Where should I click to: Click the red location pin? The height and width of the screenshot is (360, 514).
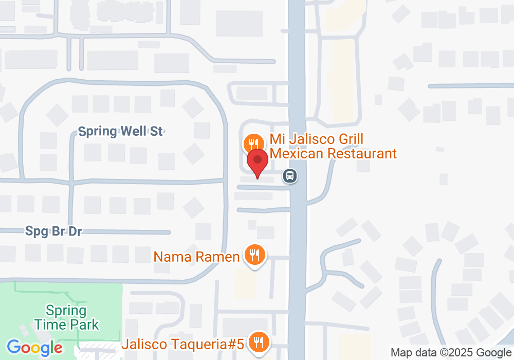coord(258,161)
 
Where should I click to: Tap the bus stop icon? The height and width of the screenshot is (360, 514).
coord(290,176)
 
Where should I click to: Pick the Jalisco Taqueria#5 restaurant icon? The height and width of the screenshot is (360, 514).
coord(257,341)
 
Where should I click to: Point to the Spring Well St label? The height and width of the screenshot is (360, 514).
coord(121,131)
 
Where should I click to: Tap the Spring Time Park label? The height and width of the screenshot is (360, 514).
coord(66,317)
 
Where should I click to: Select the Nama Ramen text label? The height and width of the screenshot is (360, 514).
coord(197,257)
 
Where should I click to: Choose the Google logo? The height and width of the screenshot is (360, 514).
coord(35,347)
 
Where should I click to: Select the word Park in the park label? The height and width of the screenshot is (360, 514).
coord(85,325)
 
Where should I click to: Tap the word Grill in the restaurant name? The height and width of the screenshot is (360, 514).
coord(350,139)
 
